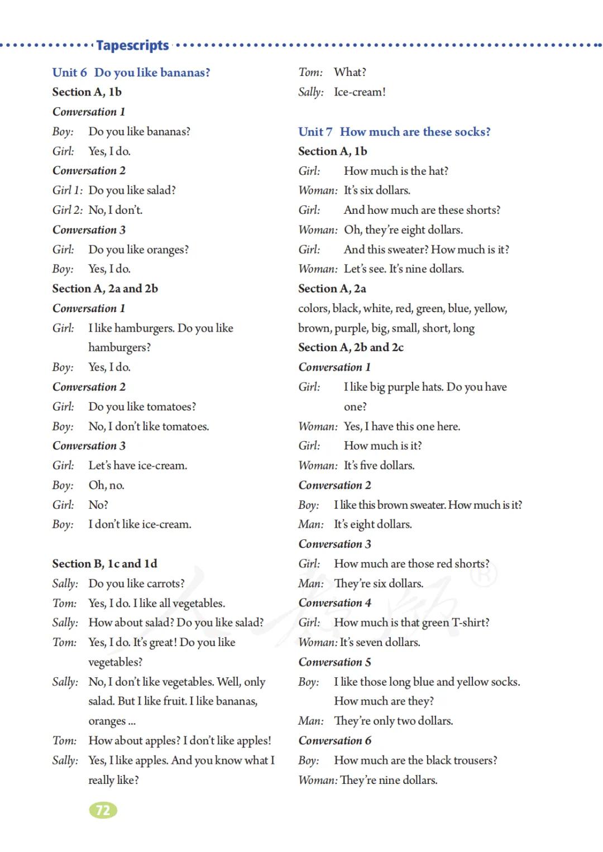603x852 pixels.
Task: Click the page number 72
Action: point(103,810)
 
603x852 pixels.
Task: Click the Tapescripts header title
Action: point(132,45)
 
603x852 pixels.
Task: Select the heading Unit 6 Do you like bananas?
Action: point(131,73)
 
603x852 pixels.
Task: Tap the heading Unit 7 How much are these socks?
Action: point(394,132)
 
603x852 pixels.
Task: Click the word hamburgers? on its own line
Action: point(119,347)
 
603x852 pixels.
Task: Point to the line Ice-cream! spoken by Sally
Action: point(360,92)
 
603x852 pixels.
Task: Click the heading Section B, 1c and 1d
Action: point(105,564)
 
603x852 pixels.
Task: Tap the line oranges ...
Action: point(112,721)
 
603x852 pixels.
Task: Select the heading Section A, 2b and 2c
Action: point(351,347)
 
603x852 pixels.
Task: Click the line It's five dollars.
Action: point(379,466)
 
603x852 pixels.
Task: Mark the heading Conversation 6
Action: point(334,740)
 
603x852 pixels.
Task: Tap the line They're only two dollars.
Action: point(393,721)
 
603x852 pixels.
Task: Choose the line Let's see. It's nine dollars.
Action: point(404,269)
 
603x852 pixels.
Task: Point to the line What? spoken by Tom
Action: point(350,73)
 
